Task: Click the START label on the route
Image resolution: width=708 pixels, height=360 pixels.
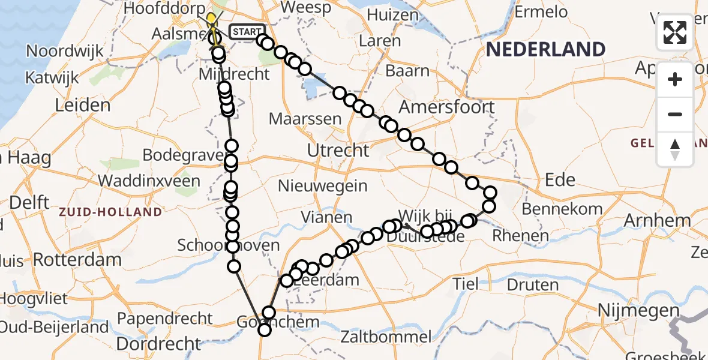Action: (x=246, y=32)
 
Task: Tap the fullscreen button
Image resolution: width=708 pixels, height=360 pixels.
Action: (x=675, y=32)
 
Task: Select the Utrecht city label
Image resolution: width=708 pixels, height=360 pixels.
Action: (x=338, y=150)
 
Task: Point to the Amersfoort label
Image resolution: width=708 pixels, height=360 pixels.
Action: (x=447, y=107)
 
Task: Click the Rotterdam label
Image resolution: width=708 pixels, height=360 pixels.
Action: (x=77, y=260)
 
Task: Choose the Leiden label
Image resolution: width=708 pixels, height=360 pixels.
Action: (x=83, y=106)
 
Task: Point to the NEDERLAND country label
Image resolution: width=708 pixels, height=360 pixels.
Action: (x=545, y=49)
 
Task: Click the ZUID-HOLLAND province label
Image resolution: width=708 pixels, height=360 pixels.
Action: (x=110, y=212)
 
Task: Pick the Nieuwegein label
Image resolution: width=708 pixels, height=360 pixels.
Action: (x=323, y=185)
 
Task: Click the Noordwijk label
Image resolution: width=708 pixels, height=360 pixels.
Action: (x=63, y=50)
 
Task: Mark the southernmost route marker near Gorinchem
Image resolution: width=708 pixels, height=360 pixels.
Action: (x=264, y=329)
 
